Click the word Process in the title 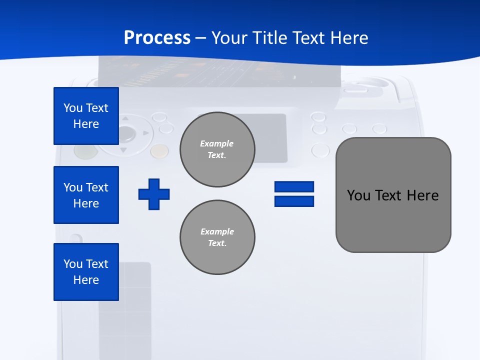tap(157, 38)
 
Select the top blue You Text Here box tap(86, 116)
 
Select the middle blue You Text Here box tap(86, 195)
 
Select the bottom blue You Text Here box tap(86, 272)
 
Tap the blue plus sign tap(154, 194)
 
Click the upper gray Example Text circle tap(217, 149)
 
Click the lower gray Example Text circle tap(217, 237)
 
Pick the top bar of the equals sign tap(294, 186)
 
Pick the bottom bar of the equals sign tap(294, 201)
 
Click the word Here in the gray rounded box tap(422, 195)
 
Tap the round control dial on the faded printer tap(125, 134)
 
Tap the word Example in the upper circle tap(216, 143)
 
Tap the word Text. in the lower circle tap(217, 243)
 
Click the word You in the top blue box tap(73, 108)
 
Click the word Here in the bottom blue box tap(86, 280)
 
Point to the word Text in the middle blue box tap(97, 187)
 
